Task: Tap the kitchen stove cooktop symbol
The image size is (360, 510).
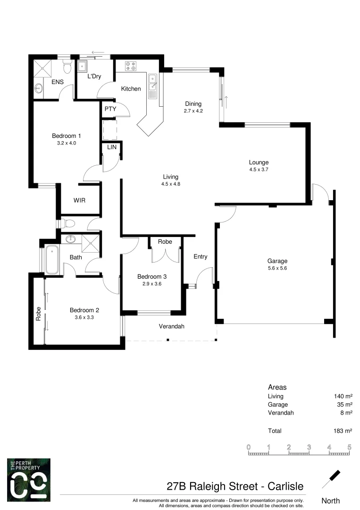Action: (x=131, y=66)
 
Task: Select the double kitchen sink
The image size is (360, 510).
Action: (x=152, y=82)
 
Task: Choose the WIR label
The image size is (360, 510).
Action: (x=79, y=200)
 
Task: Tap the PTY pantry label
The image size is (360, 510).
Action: (x=110, y=109)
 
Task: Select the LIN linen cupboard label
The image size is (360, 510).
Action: (x=112, y=147)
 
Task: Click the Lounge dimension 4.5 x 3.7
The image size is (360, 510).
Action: (x=259, y=169)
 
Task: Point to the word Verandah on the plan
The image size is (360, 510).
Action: (x=171, y=326)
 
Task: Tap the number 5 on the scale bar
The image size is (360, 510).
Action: (x=349, y=447)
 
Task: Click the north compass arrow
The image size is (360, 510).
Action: (x=332, y=478)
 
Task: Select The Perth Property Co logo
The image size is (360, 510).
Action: (x=28, y=479)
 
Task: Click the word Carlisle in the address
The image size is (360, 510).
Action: (x=285, y=486)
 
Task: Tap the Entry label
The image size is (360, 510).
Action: (x=201, y=257)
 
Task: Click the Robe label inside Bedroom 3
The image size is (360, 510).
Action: (x=165, y=242)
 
